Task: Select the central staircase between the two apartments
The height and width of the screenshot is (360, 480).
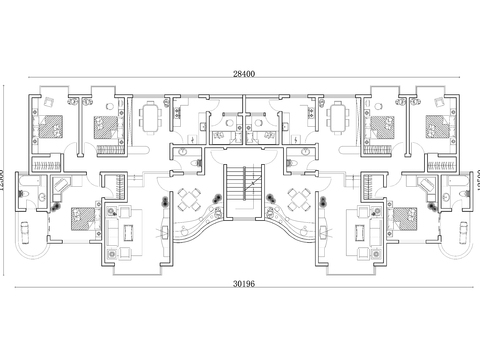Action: (239, 191)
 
